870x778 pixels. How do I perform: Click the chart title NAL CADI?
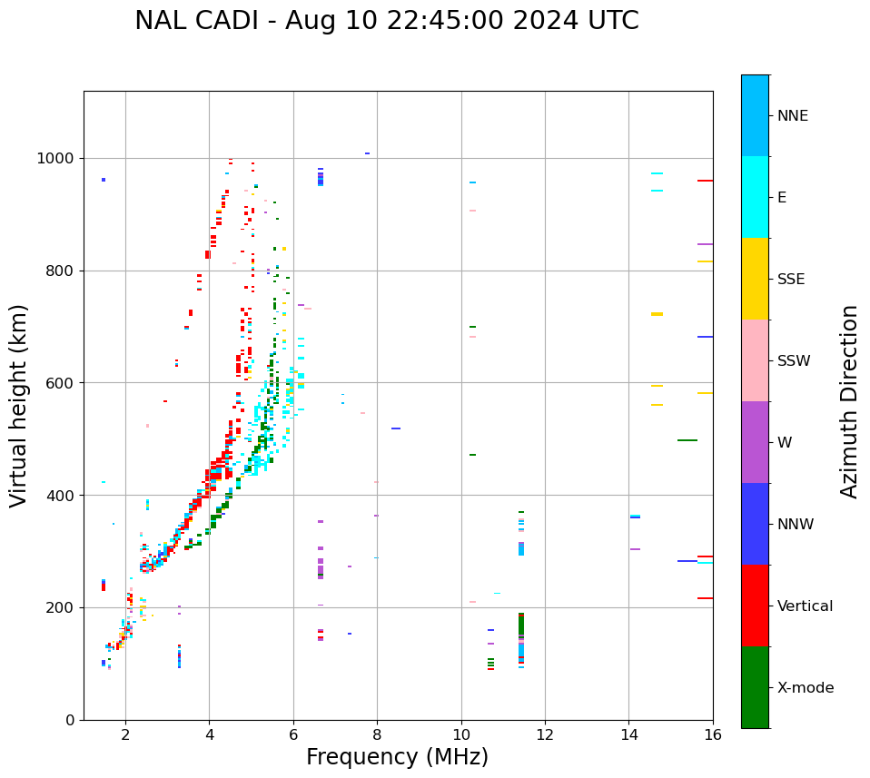click(x=386, y=21)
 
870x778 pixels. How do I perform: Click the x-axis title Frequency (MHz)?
click(x=397, y=757)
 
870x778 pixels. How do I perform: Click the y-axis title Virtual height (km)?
click(x=19, y=405)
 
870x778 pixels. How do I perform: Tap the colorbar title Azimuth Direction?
click(x=849, y=401)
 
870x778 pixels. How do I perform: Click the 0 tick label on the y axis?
click(x=71, y=720)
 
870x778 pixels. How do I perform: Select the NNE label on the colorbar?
click(x=792, y=116)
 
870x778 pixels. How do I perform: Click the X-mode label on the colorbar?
click(x=806, y=688)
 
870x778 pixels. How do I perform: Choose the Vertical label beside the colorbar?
click(x=806, y=606)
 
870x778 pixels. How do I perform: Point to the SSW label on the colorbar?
click(x=794, y=361)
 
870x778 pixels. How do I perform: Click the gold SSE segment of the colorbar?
click(x=755, y=279)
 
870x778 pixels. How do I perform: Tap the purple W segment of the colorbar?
click(x=755, y=442)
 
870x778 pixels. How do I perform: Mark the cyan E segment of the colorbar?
click(x=755, y=197)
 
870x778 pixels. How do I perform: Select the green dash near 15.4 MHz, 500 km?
click(x=687, y=440)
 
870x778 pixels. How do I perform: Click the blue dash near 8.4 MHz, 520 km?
click(x=396, y=428)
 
